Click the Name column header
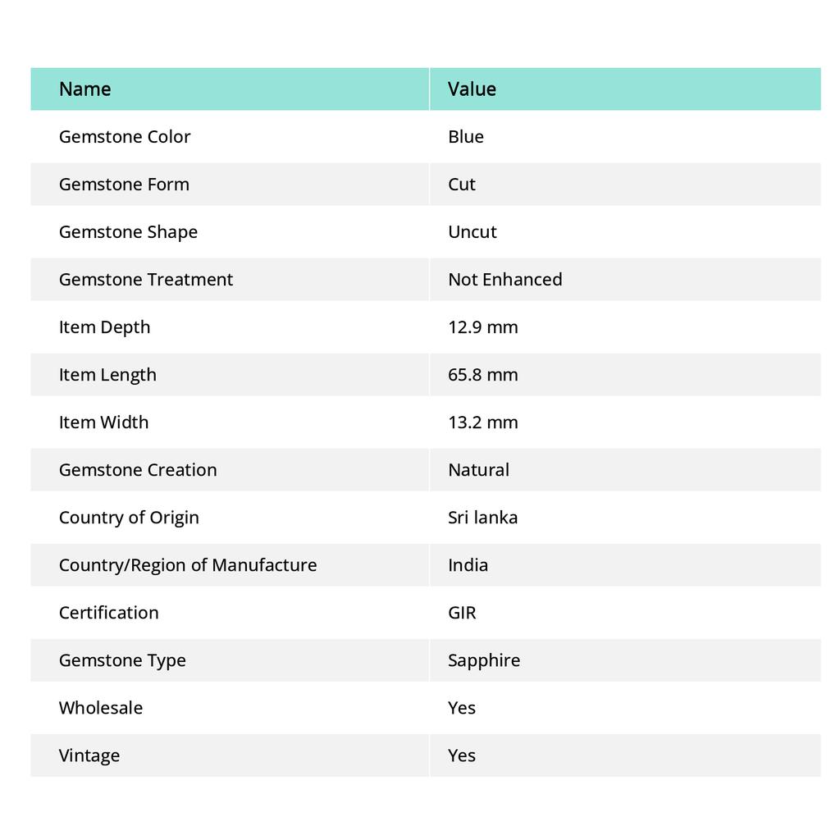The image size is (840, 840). pos(85,89)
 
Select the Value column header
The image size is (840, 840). pos(472,89)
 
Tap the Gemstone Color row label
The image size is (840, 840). pos(125,136)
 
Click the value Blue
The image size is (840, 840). pos(466,136)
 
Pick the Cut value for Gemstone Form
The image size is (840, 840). pos(462,184)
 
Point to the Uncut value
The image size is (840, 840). pos(472,231)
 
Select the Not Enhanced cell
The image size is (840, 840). pos(505,279)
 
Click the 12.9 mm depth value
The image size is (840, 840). pos(483,326)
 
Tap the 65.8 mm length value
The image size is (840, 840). pos(483,374)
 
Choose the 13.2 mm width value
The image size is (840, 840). pos(483,422)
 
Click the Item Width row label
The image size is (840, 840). pos(104,422)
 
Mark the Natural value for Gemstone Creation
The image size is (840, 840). pos(479,469)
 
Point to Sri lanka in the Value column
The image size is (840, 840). pos(483,517)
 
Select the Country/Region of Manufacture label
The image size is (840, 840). pos(188,564)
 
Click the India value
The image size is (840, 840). pos(468,564)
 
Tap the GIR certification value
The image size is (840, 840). pos(462,612)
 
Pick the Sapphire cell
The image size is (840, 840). pos(484,660)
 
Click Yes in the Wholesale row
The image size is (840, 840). pos(462,707)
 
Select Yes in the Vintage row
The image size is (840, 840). pos(462,755)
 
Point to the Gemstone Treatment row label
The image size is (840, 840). pos(146,279)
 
